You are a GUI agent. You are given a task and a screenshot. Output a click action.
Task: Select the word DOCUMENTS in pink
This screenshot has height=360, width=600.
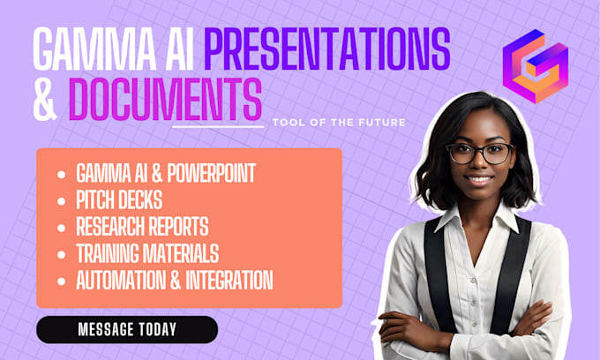coord(165,100)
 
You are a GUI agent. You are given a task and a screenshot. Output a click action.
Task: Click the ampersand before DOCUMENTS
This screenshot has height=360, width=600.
coord(45,100)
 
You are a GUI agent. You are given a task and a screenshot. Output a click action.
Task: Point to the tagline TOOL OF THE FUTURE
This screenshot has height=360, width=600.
coord(340,123)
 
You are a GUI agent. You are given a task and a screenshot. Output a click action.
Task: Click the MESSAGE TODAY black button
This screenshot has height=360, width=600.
coord(126,329)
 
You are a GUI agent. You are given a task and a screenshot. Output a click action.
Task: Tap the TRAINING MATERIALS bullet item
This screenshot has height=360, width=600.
coord(147,253)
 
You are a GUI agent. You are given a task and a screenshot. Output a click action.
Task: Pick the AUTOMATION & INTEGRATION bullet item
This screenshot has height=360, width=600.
coord(174,281)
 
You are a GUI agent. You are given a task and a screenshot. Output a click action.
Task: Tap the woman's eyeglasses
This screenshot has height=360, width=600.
coord(481,153)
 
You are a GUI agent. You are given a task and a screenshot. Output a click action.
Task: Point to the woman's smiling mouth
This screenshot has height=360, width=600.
coord(480,179)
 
